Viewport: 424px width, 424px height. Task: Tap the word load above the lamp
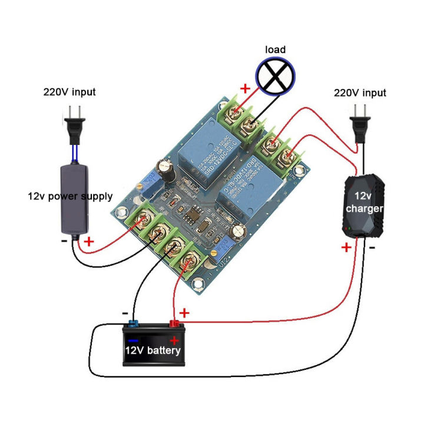275,49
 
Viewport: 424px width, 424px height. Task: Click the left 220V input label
69,92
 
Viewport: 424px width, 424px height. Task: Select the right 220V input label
360,93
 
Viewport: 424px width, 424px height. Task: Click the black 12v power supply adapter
75,200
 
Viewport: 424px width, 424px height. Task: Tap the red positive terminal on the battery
174,323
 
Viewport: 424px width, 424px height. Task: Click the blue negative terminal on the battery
132,323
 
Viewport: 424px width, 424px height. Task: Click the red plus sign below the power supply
89,241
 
